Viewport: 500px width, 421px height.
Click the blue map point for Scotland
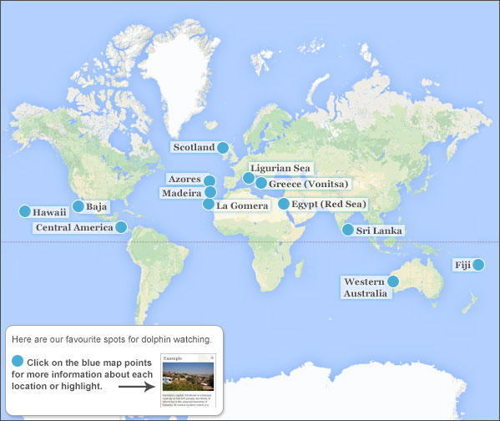point(223,148)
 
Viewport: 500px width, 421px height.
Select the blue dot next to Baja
point(78,205)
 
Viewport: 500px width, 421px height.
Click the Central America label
point(74,227)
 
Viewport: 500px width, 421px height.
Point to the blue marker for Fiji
point(478,265)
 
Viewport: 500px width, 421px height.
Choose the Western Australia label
point(366,287)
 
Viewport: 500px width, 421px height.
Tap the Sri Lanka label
point(379,231)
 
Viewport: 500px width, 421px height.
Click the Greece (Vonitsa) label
point(308,184)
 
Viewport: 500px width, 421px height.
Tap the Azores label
point(184,180)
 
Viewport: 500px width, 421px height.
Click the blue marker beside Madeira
point(209,193)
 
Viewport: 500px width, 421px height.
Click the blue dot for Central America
point(121,226)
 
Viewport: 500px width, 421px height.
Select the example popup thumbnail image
point(188,380)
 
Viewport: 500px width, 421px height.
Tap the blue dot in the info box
point(18,360)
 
